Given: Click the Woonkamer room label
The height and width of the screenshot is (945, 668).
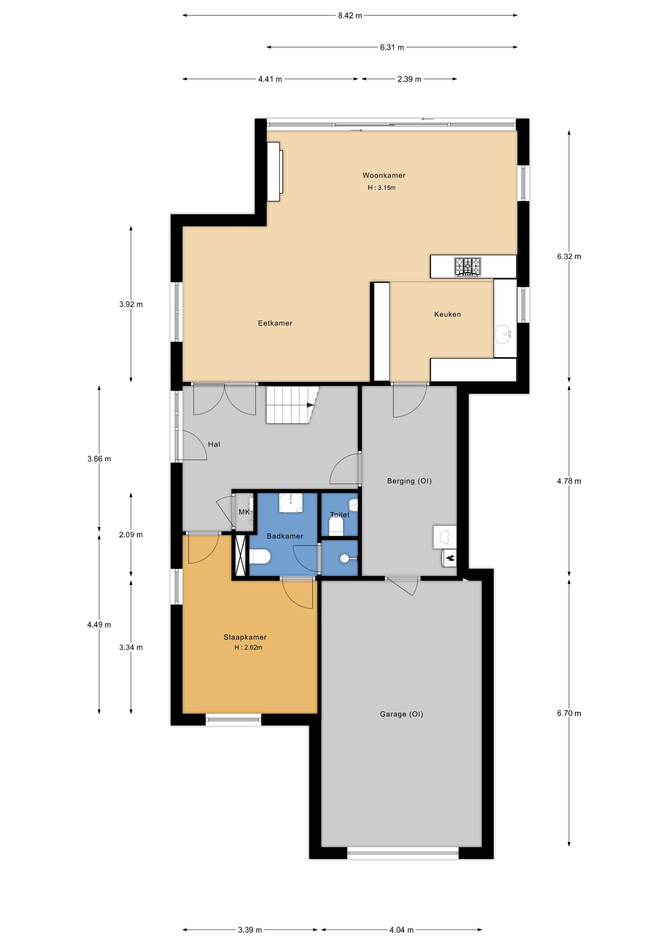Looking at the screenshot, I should click(x=384, y=175).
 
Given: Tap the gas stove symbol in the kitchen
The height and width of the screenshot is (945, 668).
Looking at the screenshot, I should click(x=468, y=267).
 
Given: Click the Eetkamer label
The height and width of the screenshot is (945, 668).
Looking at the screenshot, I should click(x=275, y=323).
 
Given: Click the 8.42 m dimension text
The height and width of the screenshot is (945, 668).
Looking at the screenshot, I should click(x=350, y=16).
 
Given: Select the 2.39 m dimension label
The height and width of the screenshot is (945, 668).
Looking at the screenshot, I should click(x=409, y=79).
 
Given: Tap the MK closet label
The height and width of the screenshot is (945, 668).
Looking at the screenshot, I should click(x=244, y=512).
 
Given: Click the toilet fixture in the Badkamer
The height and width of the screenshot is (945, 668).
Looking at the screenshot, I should click(x=260, y=557).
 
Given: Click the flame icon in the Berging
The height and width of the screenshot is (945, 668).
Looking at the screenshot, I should click(x=449, y=558).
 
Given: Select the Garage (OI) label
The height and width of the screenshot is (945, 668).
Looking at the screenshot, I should click(x=401, y=714).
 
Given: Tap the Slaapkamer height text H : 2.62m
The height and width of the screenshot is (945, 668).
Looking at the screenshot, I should click(x=248, y=647).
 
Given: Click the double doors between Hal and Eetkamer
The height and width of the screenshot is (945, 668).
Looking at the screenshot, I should click(x=225, y=399).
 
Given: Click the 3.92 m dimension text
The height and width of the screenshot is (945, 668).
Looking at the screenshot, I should click(x=131, y=304).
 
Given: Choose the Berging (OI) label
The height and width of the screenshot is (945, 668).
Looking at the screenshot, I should click(x=409, y=481).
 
